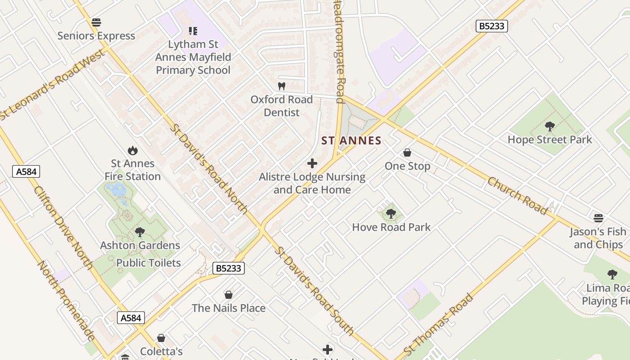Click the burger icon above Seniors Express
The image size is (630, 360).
[96, 22]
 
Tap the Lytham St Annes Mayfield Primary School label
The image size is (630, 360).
[193, 57]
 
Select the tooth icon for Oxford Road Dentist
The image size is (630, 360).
[282, 86]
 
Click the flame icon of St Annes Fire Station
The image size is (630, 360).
[132, 150]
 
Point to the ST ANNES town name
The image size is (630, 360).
[351, 141]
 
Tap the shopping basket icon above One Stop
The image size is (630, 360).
[407, 153]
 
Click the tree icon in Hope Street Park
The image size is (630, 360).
[549, 126]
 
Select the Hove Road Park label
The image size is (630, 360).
[391, 227]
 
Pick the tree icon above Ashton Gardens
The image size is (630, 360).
[139, 232]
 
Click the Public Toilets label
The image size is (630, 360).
[148, 263]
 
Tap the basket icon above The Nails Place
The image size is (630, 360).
[229, 295]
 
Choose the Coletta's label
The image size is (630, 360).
[161, 351]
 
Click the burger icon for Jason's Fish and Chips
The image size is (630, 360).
[598, 218]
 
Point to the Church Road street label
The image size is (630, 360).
[517, 196]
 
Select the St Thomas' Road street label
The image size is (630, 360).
[438, 324]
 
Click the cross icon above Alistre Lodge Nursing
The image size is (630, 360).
[312, 163]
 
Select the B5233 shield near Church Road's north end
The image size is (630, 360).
[491, 26]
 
